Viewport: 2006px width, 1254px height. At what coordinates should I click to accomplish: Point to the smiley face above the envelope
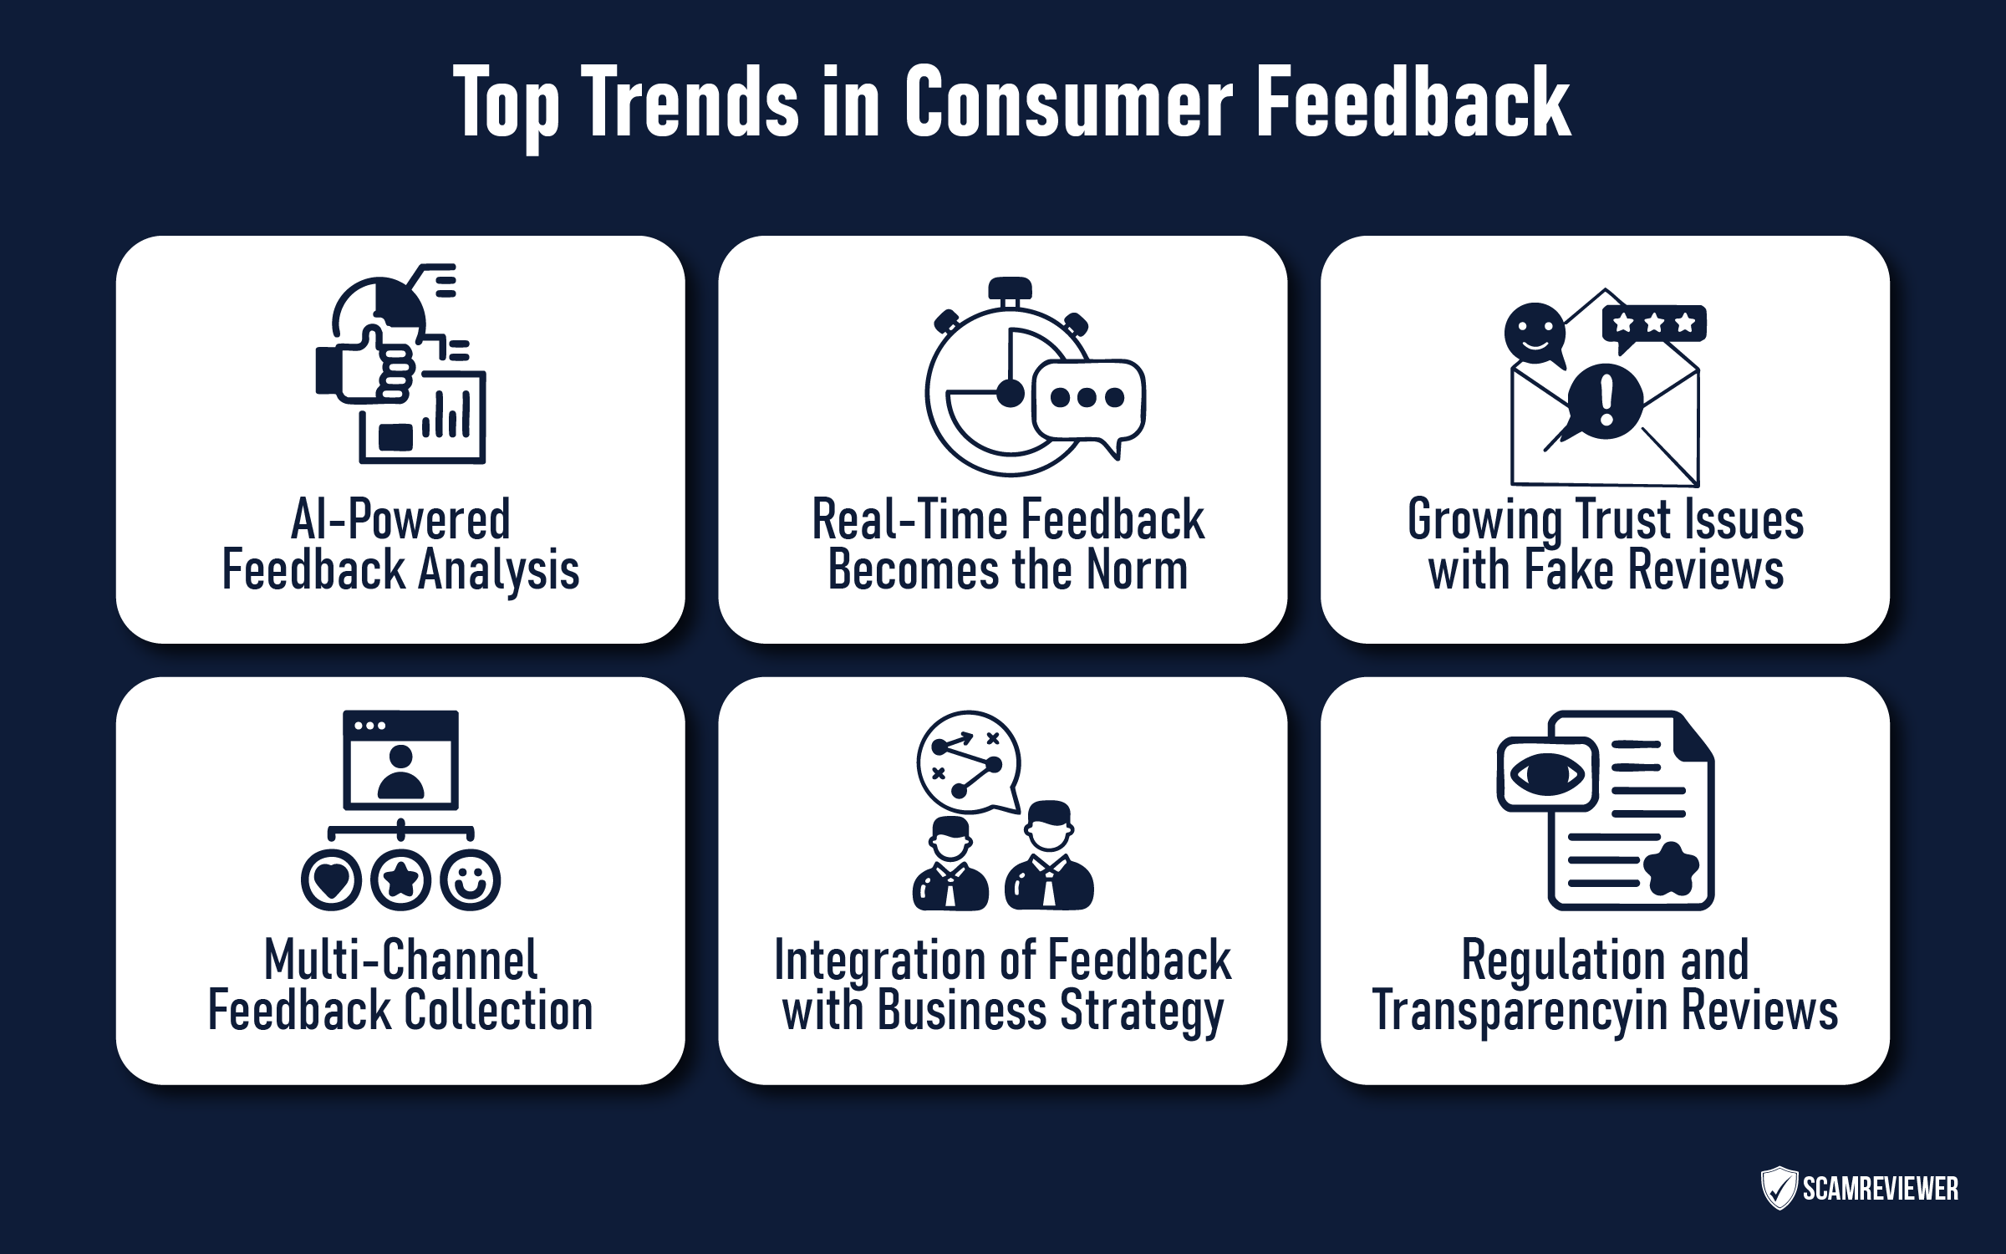click(1535, 333)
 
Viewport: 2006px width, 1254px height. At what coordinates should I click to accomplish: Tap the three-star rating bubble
click(1654, 324)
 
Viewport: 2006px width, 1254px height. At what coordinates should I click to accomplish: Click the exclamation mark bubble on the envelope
click(1605, 401)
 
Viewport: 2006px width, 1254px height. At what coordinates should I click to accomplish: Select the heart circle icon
click(332, 879)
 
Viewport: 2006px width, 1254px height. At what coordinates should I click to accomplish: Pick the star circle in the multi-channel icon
click(401, 879)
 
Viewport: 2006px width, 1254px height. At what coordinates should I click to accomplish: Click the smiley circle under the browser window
click(471, 879)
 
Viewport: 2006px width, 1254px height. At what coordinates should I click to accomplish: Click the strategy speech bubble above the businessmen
click(968, 761)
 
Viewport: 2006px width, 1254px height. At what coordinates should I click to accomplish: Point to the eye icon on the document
click(1547, 773)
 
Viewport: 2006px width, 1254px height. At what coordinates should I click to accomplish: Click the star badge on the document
click(1671, 869)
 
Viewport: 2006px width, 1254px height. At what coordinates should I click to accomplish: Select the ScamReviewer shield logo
click(1778, 1188)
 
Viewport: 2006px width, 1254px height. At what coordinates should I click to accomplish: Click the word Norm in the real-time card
click(1137, 570)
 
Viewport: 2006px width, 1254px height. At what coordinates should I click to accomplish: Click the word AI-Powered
click(400, 520)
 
